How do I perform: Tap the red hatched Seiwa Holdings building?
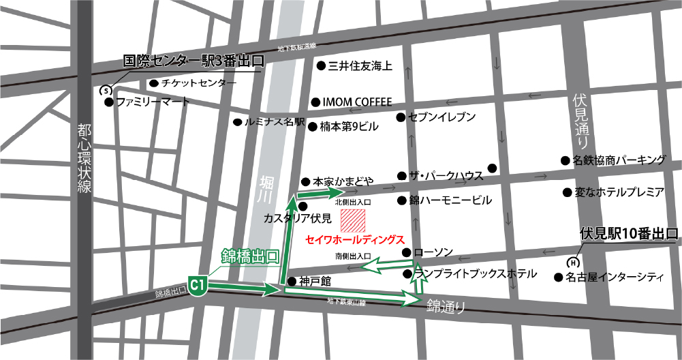click(354, 221)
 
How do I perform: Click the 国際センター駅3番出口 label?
click(193, 61)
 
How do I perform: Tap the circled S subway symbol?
click(106, 90)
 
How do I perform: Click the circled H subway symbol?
click(574, 261)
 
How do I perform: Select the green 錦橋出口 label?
click(251, 256)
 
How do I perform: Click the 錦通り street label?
click(446, 306)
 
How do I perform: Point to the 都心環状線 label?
click(84, 159)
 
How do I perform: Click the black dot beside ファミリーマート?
click(108, 102)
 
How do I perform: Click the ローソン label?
click(433, 252)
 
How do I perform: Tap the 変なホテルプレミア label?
click(619, 192)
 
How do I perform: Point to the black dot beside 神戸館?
click(292, 281)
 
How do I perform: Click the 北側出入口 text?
click(352, 202)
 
